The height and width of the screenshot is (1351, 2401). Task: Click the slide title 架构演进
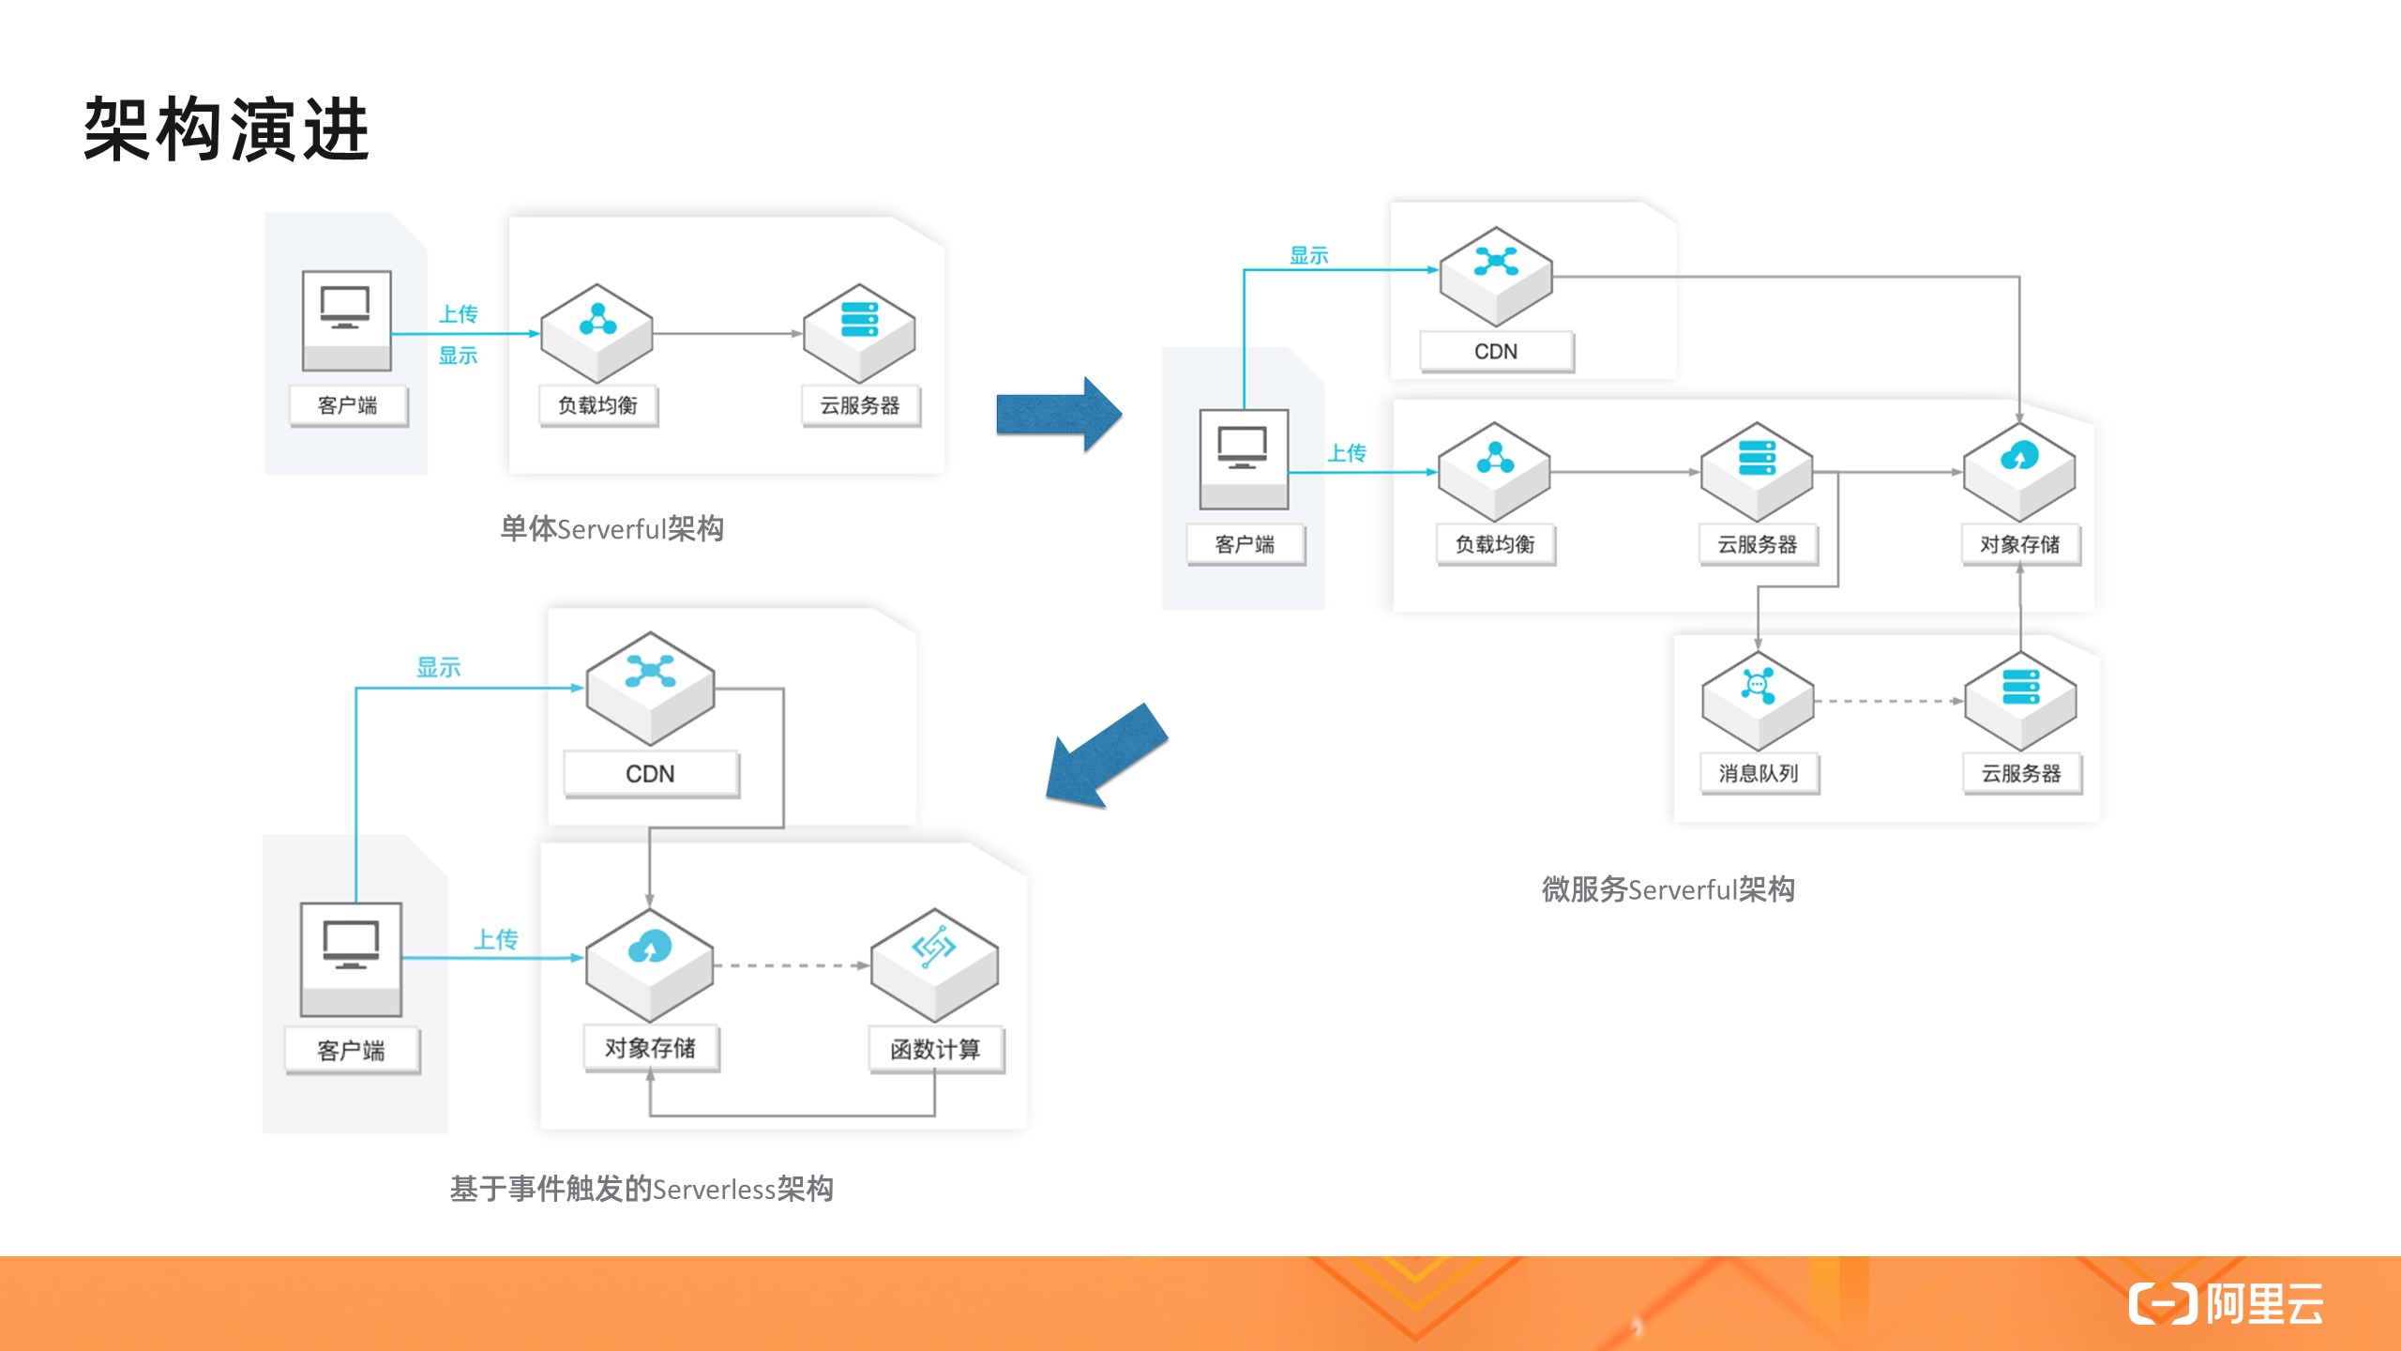pyautogui.click(x=227, y=129)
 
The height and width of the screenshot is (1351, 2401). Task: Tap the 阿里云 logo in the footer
pyautogui.click(x=2227, y=1303)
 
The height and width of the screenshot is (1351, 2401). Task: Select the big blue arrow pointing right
pyautogui.click(x=1058, y=414)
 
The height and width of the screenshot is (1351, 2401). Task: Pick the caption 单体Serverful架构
pyautogui.click(x=612, y=529)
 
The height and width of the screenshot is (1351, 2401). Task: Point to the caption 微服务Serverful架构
pyautogui.click(x=1668, y=889)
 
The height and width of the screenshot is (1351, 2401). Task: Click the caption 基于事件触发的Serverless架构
pyautogui.click(x=642, y=1189)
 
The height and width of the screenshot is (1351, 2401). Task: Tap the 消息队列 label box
pyautogui.click(x=1759, y=773)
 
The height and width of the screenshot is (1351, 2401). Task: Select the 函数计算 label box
pyautogui.click(x=935, y=1049)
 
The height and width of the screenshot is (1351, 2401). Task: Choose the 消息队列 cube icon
pyautogui.click(x=1758, y=700)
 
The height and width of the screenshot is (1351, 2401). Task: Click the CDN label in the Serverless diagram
pyautogui.click(x=650, y=774)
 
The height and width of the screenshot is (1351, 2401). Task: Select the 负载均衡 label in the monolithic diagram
pyautogui.click(x=597, y=405)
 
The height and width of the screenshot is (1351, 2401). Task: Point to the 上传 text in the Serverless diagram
pyautogui.click(x=495, y=939)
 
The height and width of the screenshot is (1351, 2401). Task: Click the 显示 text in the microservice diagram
pyautogui.click(x=1308, y=255)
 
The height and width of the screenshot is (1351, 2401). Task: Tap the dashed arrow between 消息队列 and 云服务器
pyautogui.click(x=1887, y=701)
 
